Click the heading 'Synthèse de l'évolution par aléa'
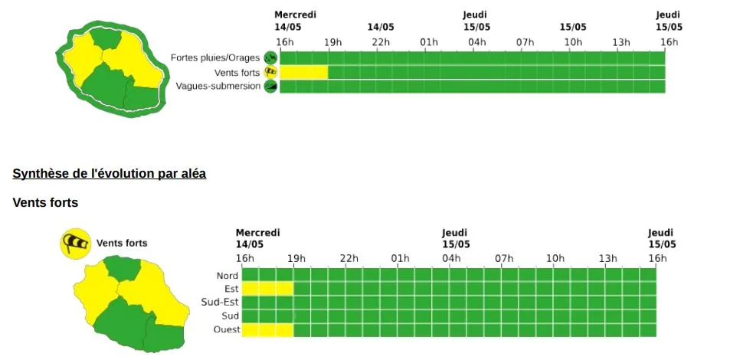click(x=109, y=174)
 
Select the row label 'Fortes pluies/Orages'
click(x=216, y=57)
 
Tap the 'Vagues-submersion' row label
click(x=218, y=86)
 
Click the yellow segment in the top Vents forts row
click(x=304, y=72)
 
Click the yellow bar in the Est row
click(x=267, y=289)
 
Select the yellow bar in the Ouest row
click(x=267, y=330)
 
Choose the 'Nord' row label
click(x=228, y=276)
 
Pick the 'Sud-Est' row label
click(x=220, y=303)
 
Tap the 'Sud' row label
click(x=230, y=316)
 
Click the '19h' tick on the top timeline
click(x=332, y=41)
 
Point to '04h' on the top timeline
click(x=476, y=41)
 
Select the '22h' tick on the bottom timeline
click(x=349, y=258)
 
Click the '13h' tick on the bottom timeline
click(x=607, y=258)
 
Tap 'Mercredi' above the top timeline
click(x=295, y=15)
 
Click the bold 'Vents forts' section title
click(x=45, y=203)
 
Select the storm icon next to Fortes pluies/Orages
click(x=270, y=57)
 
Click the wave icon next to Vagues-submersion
click(x=270, y=87)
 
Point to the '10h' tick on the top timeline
click(x=573, y=41)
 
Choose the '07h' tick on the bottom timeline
click(x=503, y=258)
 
